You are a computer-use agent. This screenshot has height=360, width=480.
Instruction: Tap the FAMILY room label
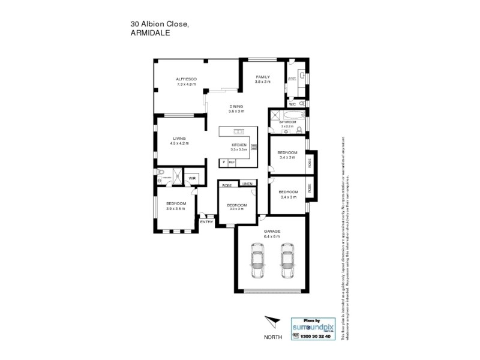[263, 77]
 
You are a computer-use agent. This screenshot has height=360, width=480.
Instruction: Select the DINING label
[236, 106]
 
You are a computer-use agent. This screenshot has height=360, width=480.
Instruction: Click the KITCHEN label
[239, 145]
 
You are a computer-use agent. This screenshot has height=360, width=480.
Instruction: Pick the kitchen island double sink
[238, 131]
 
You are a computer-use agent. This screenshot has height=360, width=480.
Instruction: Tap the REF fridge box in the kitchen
[231, 162]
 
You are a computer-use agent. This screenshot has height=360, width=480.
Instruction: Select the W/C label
[292, 103]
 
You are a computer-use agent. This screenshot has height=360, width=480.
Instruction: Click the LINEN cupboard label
[247, 184]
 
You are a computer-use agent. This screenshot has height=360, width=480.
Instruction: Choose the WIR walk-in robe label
[193, 178]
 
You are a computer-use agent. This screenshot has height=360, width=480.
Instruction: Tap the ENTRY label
[206, 222]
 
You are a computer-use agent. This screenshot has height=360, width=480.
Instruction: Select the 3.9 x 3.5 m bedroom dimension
[176, 209]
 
